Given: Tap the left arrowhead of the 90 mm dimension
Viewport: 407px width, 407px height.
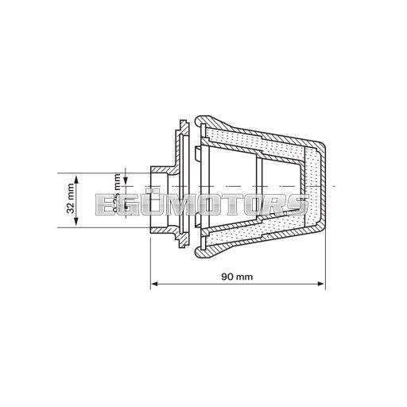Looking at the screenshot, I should coord(153,283).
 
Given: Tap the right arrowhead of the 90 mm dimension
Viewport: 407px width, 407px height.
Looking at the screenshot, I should coord(322,283).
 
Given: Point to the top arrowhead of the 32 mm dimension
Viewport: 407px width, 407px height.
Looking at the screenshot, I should coord(78,175).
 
